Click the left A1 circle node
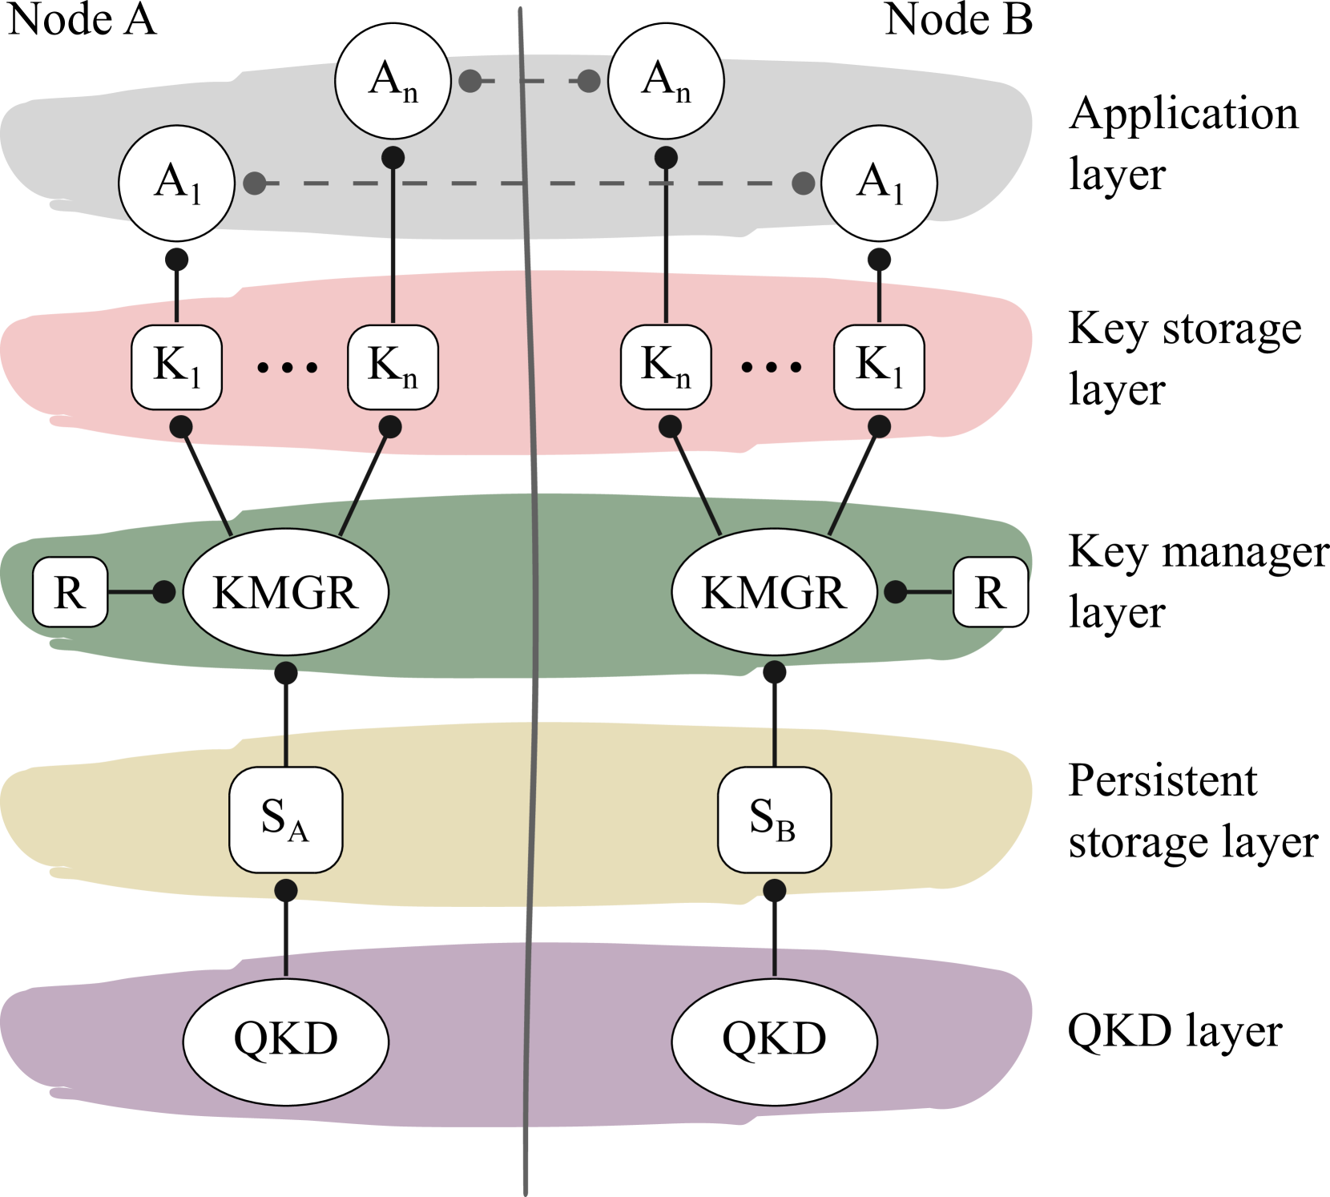[176, 183]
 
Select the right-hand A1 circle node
[879, 183]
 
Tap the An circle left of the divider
[393, 81]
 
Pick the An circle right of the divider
[666, 81]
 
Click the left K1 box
[176, 367]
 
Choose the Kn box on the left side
[393, 367]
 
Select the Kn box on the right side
[666, 367]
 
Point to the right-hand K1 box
[879, 367]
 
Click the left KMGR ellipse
[286, 592]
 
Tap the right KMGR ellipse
[774, 592]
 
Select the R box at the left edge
[70, 592]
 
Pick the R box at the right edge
[990, 592]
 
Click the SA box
[286, 820]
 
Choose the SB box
[774, 820]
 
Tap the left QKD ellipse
[286, 1039]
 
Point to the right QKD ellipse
[774, 1039]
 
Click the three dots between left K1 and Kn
[287, 368]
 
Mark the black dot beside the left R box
[163, 592]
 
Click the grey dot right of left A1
[255, 183]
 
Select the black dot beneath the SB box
[774, 890]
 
